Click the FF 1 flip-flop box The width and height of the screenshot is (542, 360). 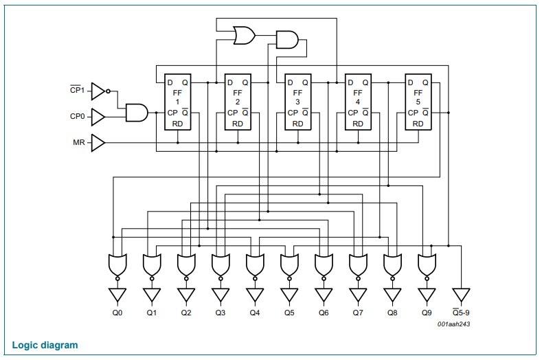(178, 102)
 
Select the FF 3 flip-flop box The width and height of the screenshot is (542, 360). (298, 102)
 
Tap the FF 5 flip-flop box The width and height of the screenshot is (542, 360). (418, 102)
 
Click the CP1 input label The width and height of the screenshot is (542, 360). (77, 90)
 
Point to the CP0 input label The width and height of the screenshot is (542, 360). (78, 117)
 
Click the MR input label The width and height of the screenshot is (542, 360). (79, 142)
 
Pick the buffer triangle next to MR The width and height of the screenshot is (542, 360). (98, 143)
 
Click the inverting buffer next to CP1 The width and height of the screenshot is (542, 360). (100, 91)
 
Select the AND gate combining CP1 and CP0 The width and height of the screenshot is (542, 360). (137, 113)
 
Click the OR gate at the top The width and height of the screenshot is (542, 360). (245, 35)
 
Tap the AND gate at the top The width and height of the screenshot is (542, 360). (287, 40)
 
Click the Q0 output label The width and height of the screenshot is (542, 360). (117, 313)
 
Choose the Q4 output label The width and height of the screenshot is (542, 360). (255, 313)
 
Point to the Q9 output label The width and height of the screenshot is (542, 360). (427, 313)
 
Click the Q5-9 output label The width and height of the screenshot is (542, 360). (461, 313)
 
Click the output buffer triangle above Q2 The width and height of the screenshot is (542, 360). (186, 295)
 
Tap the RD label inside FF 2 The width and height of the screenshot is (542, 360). (238, 124)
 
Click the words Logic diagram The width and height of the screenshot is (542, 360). (45, 345)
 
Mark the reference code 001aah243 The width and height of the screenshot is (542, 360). (453, 324)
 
